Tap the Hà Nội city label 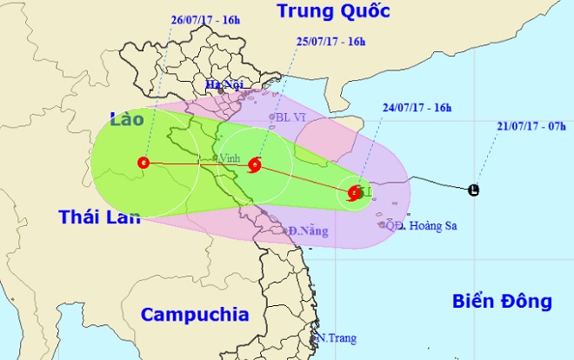click(x=223, y=84)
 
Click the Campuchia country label click(x=195, y=314)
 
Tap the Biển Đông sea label click(x=502, y=302)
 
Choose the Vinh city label click(x=229, y=159)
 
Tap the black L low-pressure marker click(x=473, y=190)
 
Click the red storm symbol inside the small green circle click(x=354, y=193)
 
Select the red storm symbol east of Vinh click(x=254, y=163)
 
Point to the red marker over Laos click(x=143, y=162)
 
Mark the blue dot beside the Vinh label click(x=215, y=157)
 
